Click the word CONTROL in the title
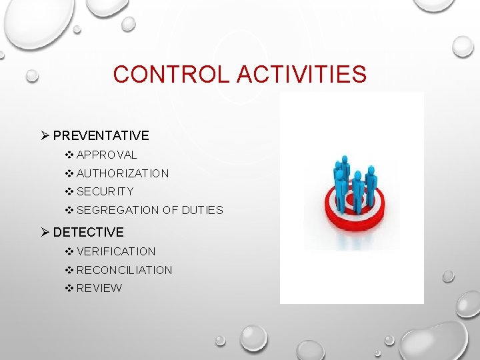[x=172, y=74]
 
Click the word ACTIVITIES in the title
[x=302, y=74]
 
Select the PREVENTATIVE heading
[x=101, y=135]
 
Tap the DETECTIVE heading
[x=88, y=232]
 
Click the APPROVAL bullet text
[x=107, y=155]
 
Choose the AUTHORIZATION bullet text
[x=123, y=173]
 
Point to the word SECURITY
[x=105, y=191]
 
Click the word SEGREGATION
[x=118, y=210]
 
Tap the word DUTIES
[x=203, y=210]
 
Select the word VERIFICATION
[x=116, y=251]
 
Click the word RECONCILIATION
[x=124, y=270]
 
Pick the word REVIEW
[x=99, y=288]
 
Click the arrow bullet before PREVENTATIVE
[x=45, y=135]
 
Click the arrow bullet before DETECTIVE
[x=45, y=232]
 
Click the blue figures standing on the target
[x=353, y=180]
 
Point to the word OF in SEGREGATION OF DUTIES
[x=170, y=210]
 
